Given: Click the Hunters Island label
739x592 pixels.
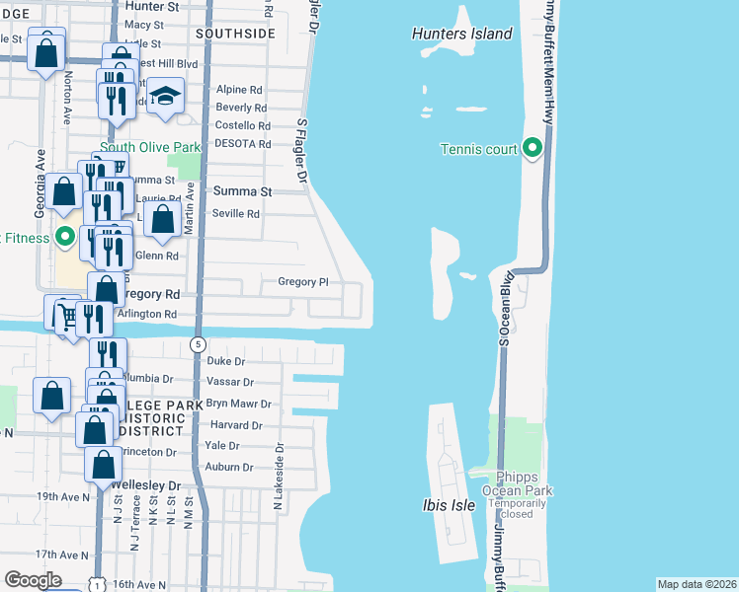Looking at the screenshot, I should point(461,34).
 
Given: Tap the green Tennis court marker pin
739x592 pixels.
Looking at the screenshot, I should point(533,149).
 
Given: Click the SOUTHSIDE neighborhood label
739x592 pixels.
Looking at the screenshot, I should point(235,33).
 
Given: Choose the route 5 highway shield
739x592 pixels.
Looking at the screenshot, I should point(199,344).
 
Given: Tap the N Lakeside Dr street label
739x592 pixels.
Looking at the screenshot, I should point(279,476).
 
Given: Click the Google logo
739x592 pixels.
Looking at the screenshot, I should point(33,580).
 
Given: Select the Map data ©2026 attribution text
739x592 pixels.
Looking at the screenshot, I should point(697,584).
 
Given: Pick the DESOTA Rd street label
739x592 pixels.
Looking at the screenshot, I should point(243,143).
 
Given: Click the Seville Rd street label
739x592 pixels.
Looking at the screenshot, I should point(235,212).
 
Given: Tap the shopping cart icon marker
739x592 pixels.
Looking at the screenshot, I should point(62,315).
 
